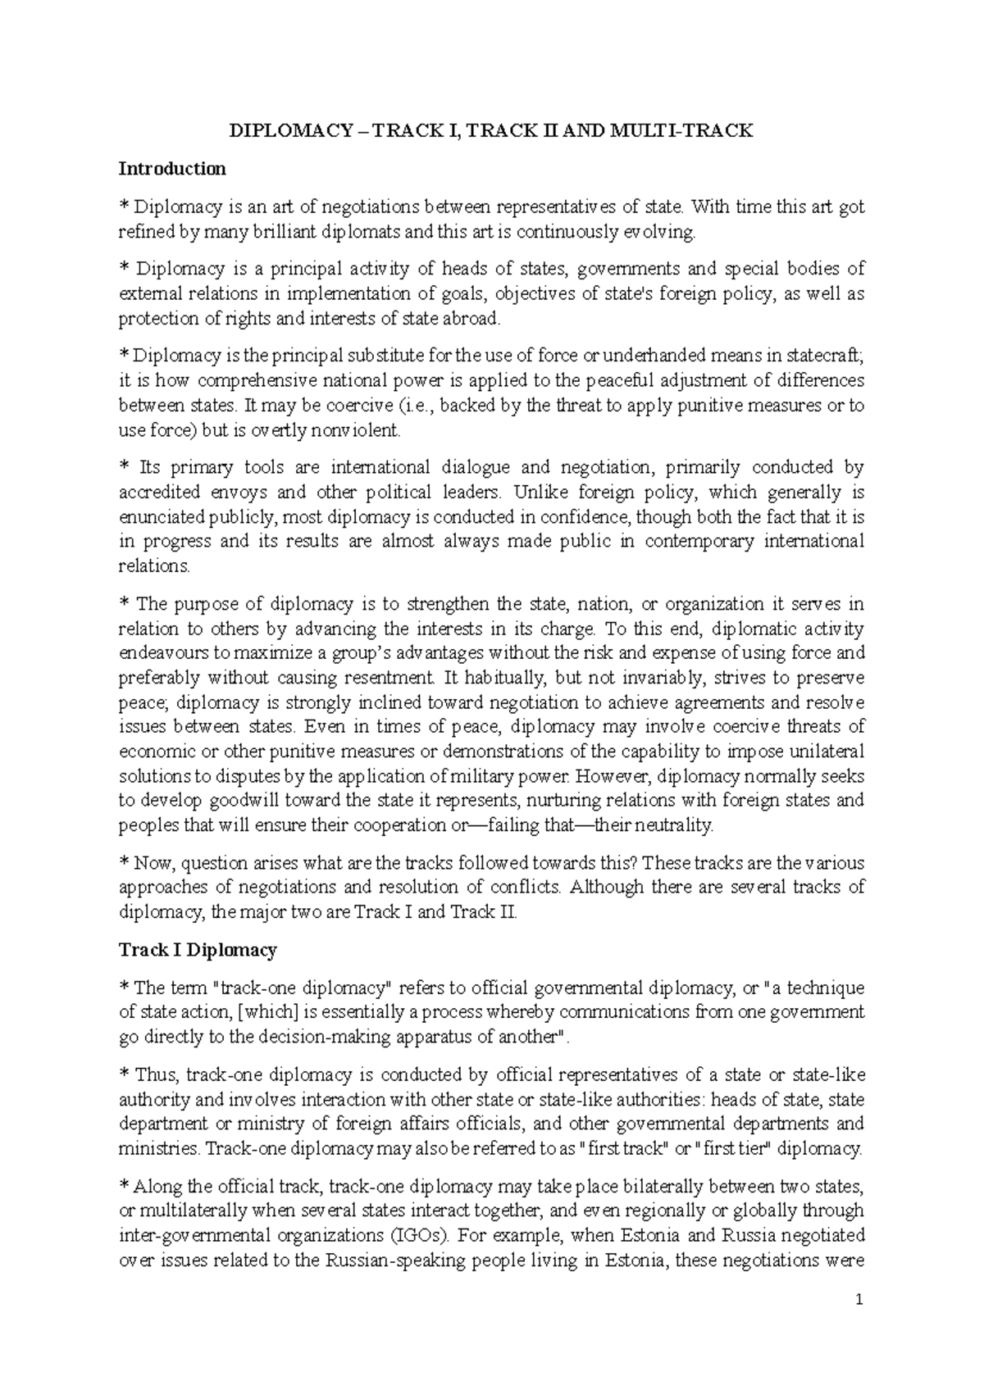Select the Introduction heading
click(x=172, y=169)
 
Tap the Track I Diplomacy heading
click(x=198, y=950)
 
